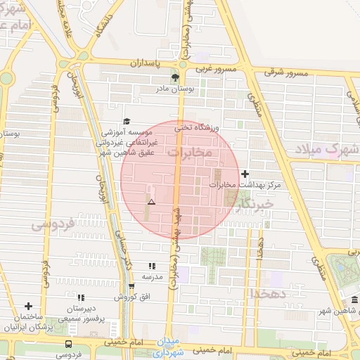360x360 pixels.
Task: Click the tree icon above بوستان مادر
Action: [x=175, y=77]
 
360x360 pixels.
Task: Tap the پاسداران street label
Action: [x=146, y=63]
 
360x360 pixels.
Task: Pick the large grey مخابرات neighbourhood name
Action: [x=190, y=151]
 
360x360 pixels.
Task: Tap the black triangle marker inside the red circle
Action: [x=151, y=202]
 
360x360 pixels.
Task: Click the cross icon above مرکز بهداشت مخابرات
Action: [x=245, y=174]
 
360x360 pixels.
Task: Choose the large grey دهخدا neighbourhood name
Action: [x=268, y=292]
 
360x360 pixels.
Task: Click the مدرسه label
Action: [x=153, y=277]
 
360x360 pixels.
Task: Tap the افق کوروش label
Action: [x=131, y=296]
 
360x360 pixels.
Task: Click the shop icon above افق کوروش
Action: [x=131, y=285]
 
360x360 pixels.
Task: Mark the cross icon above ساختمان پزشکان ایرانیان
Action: [x=29, y=306]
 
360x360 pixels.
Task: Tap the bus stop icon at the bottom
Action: [x=68, y=344]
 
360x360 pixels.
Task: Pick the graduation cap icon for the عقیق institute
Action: [x=127, y=121]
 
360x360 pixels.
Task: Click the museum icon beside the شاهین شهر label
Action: [x=353, y=301]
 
